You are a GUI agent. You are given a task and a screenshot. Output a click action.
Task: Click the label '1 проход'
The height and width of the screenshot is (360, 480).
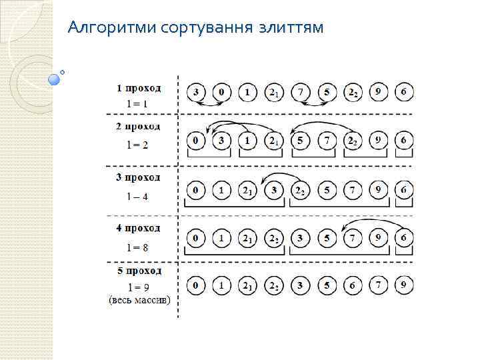click(x=139, y=87)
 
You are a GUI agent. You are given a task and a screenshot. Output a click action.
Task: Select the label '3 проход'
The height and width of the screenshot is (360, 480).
click(x=139, y=177)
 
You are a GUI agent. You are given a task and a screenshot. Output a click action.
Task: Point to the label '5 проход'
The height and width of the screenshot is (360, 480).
click(x=139, y=271)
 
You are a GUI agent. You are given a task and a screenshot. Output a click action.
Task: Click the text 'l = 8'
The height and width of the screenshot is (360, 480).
click(x=138, y=247)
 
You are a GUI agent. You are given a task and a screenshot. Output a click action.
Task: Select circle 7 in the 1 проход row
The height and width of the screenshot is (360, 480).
click(x=301, y=91)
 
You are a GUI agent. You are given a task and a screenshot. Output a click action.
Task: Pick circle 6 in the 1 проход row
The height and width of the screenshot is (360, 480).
click(x=404, y=91)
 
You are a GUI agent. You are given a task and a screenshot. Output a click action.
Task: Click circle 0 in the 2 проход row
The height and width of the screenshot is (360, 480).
click(x=196, y=141)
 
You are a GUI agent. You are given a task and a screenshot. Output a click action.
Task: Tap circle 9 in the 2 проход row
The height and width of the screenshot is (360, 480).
click(x=379, y=141)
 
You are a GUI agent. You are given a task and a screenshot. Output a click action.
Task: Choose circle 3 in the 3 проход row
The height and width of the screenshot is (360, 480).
click(x=274, y=191)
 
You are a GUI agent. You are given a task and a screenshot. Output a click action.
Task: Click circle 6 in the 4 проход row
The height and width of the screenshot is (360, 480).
click(x=404, y=237)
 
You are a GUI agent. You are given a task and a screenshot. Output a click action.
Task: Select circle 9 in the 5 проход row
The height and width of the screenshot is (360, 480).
click(x=404, y=285)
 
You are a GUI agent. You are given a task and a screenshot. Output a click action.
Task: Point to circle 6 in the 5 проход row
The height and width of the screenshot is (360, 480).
click(x=353, y=285)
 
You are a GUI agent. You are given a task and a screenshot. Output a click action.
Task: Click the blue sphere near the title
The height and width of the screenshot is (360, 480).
click(x=55, y=79)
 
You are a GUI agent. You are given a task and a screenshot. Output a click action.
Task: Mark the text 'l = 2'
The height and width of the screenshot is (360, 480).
click(x=138, y=145)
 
